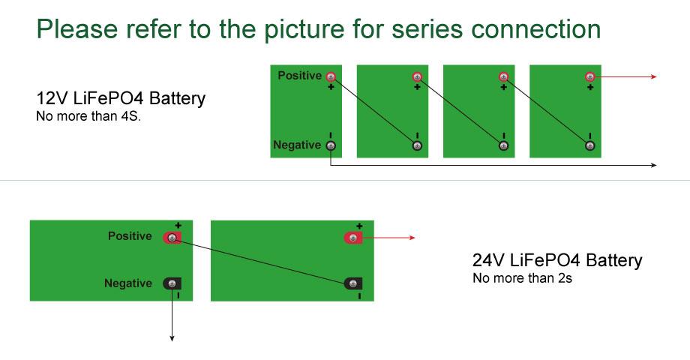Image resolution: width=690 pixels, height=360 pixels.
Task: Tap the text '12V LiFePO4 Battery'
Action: point(121,98)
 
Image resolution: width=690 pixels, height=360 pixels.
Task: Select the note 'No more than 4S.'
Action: point(88,116)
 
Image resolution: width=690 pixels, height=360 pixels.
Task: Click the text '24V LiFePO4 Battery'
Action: point(557,260)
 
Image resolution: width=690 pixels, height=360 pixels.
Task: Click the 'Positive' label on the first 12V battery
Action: point(299,76)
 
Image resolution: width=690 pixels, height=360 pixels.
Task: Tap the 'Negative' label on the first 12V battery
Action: point(297,145)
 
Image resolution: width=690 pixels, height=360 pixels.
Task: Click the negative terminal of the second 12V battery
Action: point(417,145)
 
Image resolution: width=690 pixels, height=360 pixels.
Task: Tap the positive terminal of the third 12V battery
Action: point(503,76)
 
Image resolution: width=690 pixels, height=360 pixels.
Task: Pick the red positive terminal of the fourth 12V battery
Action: point(590,76)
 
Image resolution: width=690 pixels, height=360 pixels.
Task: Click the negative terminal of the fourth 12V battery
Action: point(590,145)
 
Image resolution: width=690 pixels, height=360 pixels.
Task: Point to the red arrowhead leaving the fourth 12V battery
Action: point(655,76)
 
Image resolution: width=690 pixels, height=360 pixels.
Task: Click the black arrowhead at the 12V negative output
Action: point(655,165)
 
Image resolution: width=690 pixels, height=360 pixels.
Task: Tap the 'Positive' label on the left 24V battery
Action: point(130,236)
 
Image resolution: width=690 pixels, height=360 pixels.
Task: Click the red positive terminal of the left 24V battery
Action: point(172,238)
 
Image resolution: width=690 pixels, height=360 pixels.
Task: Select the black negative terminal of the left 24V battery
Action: point(172,283)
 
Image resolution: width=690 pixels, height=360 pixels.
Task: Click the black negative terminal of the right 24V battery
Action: point(353,283)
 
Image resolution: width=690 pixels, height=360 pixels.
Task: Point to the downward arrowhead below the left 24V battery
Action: point(172,338)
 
